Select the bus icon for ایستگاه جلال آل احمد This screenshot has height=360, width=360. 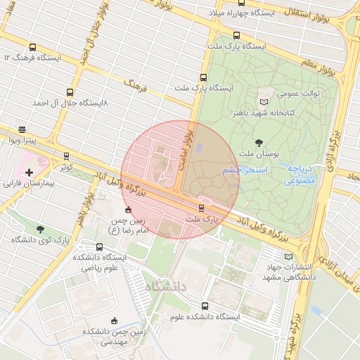click(x=69, y=92)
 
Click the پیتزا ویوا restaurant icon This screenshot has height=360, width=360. click(x=22, y=130)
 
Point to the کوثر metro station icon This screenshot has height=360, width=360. click(x=66, y=156)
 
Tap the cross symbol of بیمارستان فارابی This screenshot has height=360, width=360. click(x=29, y=172)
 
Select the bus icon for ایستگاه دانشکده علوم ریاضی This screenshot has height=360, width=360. click(x=99, y=247)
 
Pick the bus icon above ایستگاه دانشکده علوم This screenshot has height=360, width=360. click(x=205, y=306)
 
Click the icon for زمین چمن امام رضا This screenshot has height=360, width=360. click(x=127, y=210)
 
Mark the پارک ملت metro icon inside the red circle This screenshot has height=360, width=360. click(x=202, y=207)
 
